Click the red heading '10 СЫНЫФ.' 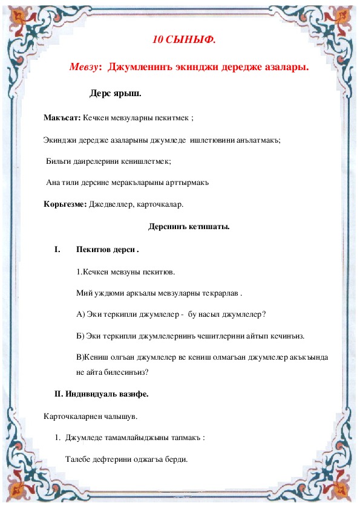pos(184,41)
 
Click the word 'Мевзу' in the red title pos(83,67)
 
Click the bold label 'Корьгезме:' pos(65,204)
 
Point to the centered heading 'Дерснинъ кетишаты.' pos(189,227)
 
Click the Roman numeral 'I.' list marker pos(57,249)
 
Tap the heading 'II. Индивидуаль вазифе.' pos(102,394)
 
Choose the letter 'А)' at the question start pos(82,314)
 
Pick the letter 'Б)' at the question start pos(82,336)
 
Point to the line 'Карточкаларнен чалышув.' pos(91,416)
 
